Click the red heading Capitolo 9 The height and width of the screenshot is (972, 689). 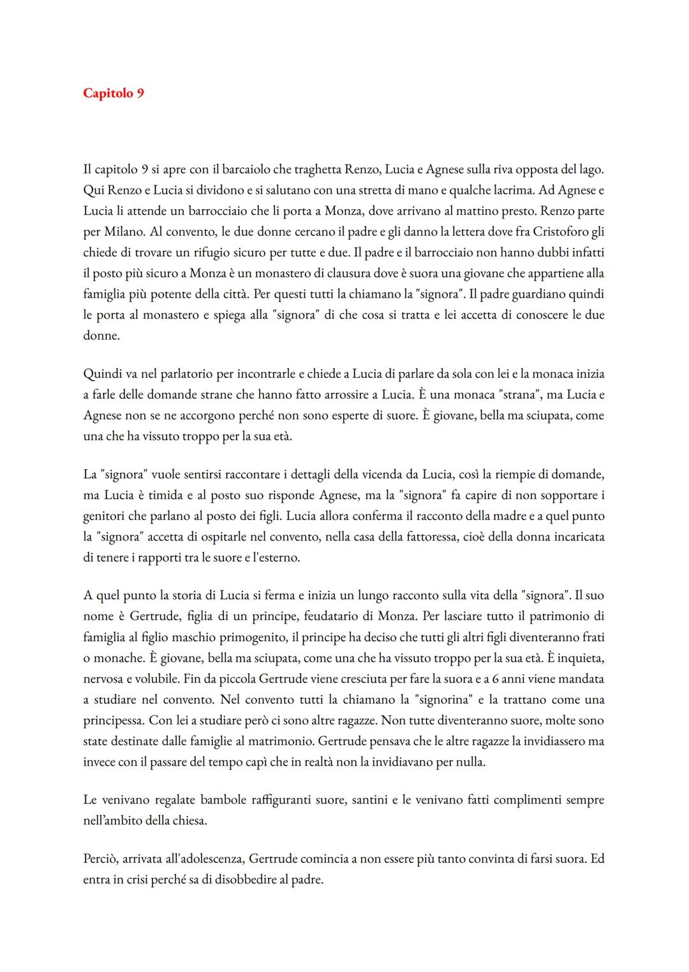coord(114,93)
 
